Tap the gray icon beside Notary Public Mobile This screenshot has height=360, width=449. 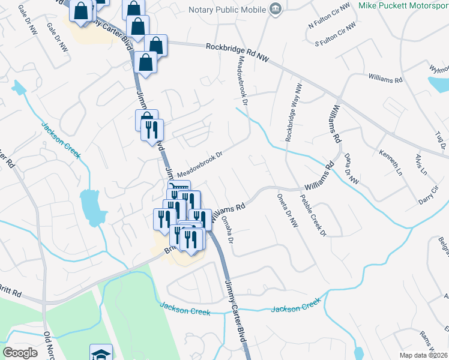tap(276, 8)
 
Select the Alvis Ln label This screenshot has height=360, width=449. tap(420, 164)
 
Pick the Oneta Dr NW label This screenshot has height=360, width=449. tap(287, 210)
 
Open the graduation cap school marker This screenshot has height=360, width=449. tap(101, 353)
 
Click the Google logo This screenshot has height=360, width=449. tap(20, 353)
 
